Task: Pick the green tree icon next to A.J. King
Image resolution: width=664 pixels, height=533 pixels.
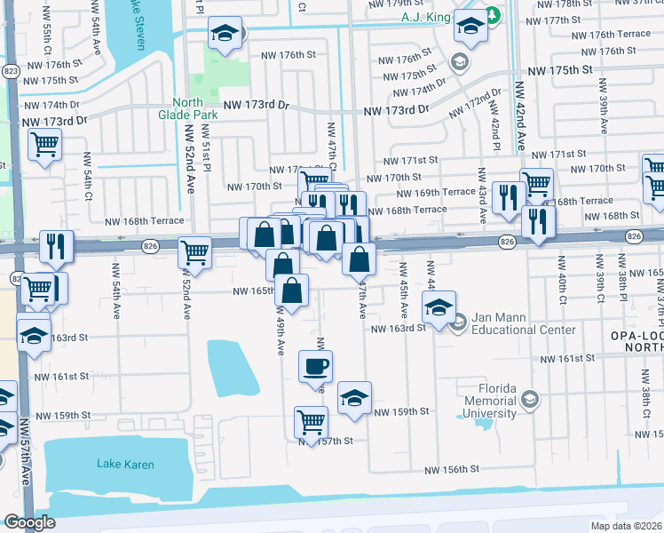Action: click(x=492, y=17)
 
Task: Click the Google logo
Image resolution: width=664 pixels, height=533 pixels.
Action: click(x=29, y=522)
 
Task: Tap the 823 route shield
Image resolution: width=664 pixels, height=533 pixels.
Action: click(x=10, y=69)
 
